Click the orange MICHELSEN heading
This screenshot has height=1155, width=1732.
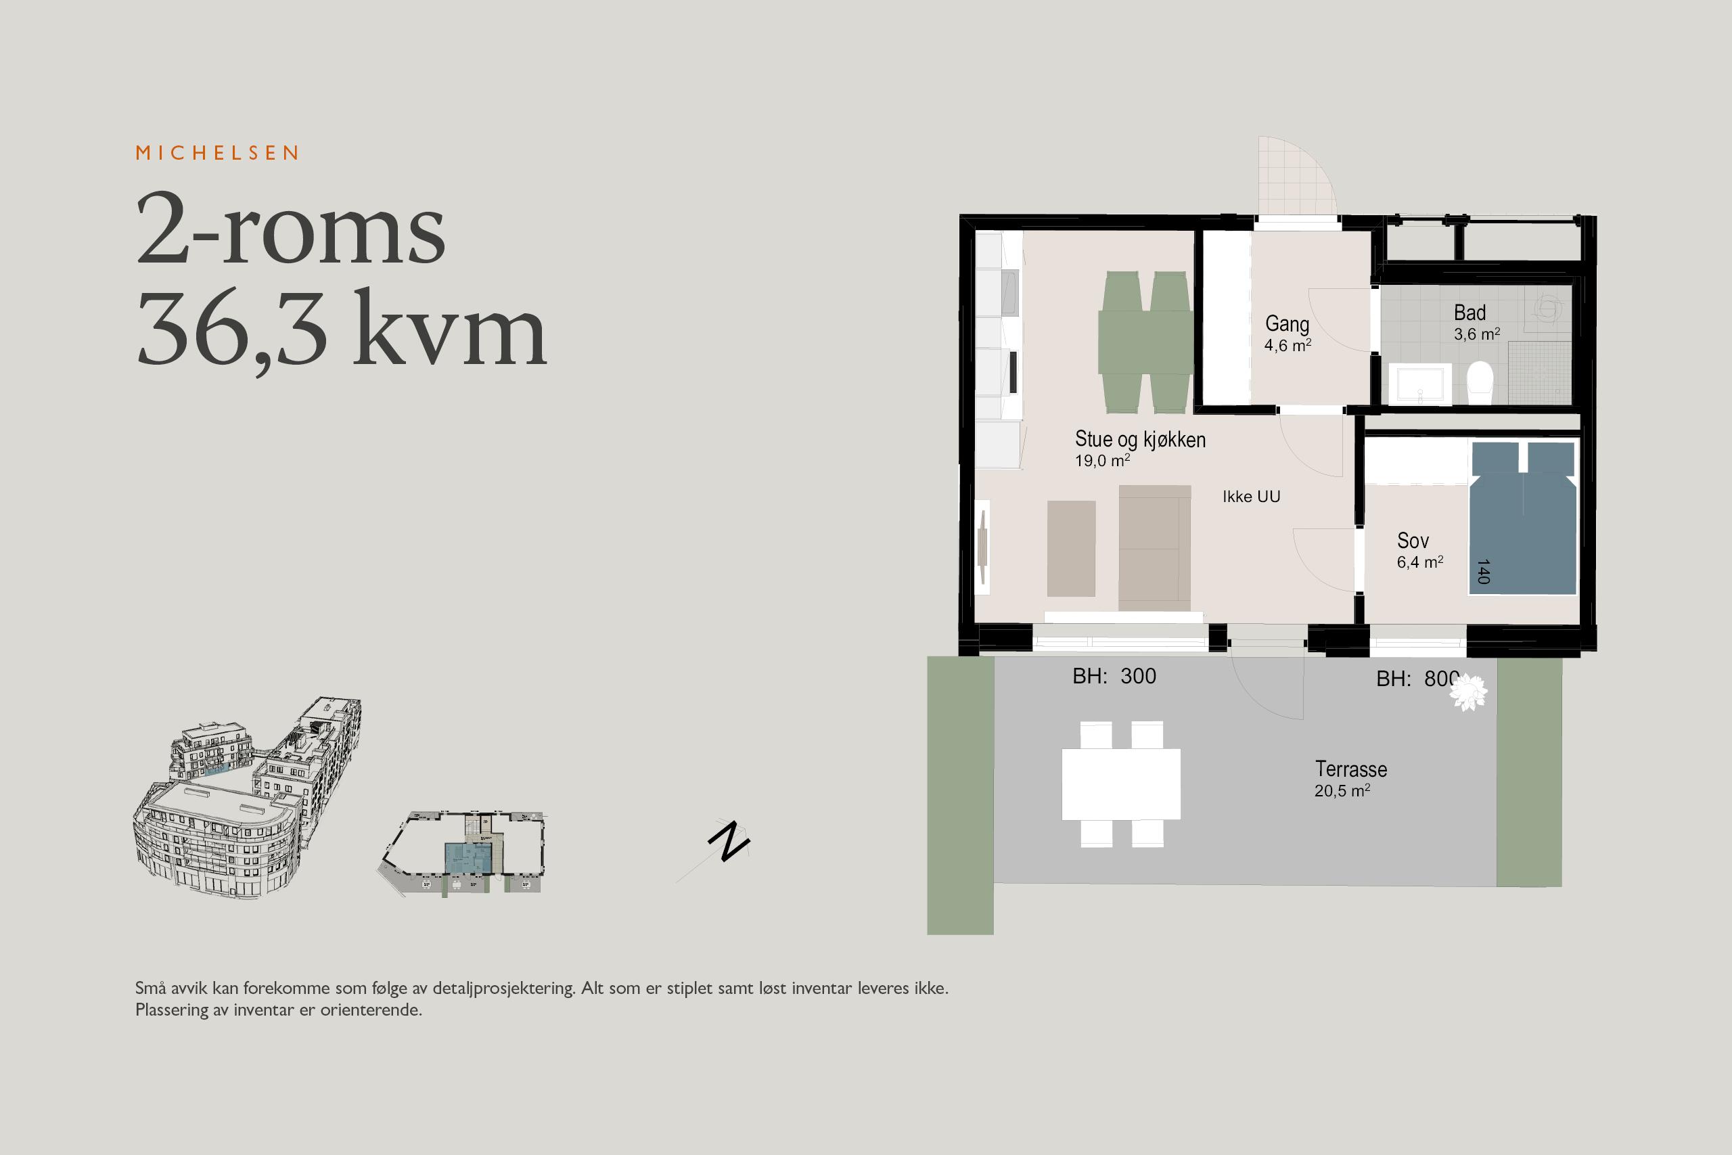[x=217, y=152]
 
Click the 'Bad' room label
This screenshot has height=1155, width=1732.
[x=1470, y=313]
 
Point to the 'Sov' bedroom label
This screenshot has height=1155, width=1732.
[x=1413, y=541]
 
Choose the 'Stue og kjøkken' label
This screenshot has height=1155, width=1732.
[x=1140, y=439]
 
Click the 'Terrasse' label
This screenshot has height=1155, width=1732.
[x=1351, y=769]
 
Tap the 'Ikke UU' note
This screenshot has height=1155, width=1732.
[x=1251, y=497]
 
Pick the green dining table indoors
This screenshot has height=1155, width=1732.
[x=1145, y=342]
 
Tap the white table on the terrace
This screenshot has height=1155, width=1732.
[x=1121, y=784]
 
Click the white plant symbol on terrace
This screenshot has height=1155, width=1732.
[x=1468, y=692]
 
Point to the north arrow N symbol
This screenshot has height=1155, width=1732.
[x=728, y=840]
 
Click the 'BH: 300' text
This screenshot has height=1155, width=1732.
[x=1114, y=676]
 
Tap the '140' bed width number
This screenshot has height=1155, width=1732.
[x=1484, y=572]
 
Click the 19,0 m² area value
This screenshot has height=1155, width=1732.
[x=1102, y=460]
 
